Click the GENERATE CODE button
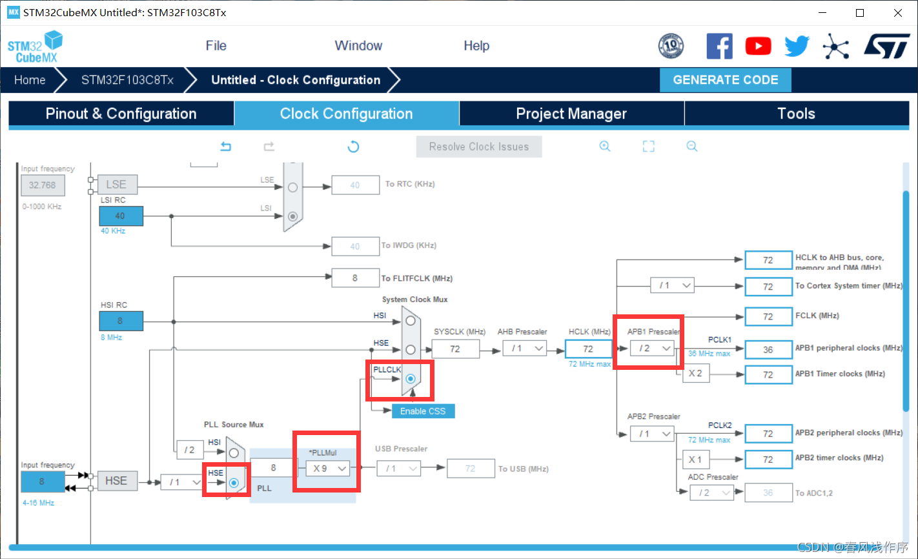(725, 80)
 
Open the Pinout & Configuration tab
(121, 114)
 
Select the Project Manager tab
(571, 114)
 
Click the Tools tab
(796, 114)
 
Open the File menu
(216, 46)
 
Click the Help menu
(476, 46)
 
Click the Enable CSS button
(423, 411)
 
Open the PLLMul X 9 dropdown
(327, 468)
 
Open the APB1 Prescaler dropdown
(653, 349)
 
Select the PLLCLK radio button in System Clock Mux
(411, 379)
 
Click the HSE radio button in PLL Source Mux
(234, 482)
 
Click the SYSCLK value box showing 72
(455, 349)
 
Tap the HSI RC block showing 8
(120, 320)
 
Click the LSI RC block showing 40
(120, 216)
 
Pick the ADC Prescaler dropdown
(712, 493)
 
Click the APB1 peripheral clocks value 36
(768, 349)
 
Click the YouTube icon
(758, 46)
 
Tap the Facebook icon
(719, 46)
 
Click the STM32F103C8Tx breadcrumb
(127, 80)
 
